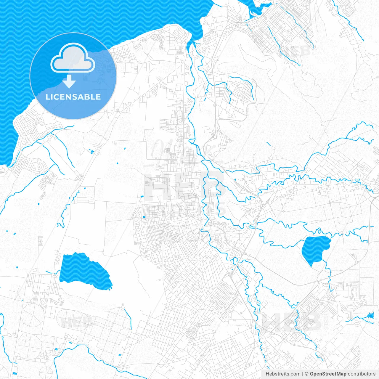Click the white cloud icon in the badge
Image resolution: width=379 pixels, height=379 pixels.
73,59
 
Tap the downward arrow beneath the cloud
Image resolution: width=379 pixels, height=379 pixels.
69,81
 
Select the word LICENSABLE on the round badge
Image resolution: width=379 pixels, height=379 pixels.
73,97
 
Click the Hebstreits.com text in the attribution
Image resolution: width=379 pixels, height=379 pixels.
283,374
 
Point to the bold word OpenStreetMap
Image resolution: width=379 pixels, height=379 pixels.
328,374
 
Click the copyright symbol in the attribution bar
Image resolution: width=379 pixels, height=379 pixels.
307,374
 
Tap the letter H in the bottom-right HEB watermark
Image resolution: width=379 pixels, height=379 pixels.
271,322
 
